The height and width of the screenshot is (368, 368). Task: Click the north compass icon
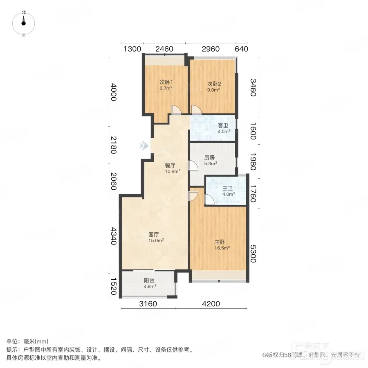point(23,23)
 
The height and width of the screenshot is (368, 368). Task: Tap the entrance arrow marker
point(144,146)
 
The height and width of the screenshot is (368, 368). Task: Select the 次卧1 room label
point(166,82)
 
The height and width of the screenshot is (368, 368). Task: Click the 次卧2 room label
point(214,84)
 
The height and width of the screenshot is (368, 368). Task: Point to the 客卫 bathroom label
point(223,126)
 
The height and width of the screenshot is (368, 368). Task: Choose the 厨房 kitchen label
point(209,158)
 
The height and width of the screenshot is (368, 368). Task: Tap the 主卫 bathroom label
point(227,188)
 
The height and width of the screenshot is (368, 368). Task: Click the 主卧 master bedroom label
point(220,242)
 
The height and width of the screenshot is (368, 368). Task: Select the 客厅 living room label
point(153,234)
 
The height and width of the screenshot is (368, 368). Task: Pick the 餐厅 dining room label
point(170,166)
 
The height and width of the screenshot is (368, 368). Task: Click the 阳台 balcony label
point(149,280)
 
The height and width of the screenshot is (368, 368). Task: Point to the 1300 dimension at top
point(132,49)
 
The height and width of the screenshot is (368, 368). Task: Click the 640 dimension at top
point(241,49)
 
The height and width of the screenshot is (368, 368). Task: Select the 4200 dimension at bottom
point(211,304)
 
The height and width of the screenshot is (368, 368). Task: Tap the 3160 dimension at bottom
point(148,304)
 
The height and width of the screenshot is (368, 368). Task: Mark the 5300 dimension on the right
point(253,254)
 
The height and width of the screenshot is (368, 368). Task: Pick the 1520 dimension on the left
point(114,286)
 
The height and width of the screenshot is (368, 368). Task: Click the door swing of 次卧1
point(176,110)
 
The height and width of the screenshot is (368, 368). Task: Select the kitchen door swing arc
point(193,166)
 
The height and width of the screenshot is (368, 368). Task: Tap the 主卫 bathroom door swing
point(209,199)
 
